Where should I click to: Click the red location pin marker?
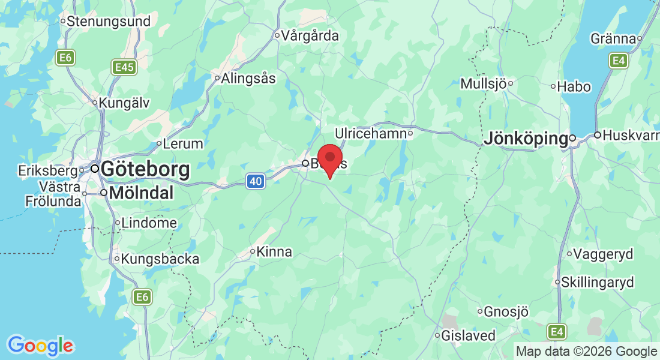point(329,159)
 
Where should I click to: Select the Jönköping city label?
point(526,139)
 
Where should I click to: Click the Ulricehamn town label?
point(371,133)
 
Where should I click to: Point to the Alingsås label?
point(248,78)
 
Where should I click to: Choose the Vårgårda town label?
point(310,36)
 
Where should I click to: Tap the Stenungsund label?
point(108,22)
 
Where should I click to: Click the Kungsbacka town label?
point(160,259)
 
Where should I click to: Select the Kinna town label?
point(274,252)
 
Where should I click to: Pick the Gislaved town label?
point(469,335)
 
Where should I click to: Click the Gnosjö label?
point(506,311)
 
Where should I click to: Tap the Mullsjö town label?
point(483,84)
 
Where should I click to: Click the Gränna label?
point(613,39)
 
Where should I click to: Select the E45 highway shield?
point(124,67)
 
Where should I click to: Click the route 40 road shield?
point(256,181)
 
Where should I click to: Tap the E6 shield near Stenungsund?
point(65,58)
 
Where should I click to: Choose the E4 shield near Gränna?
point(618,60)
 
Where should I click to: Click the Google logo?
point(41,346)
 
